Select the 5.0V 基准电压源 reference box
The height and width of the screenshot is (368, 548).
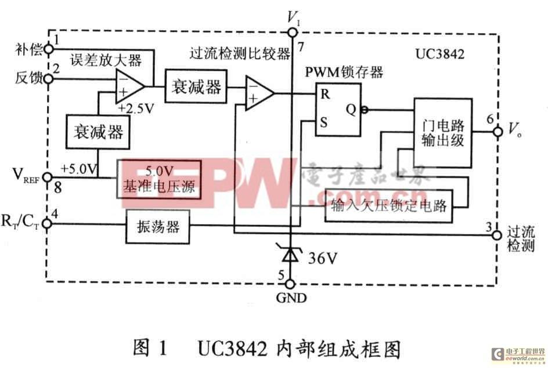point(159,180)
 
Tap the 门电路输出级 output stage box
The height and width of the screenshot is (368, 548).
point(442,133)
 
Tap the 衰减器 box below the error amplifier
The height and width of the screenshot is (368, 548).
point(97,131)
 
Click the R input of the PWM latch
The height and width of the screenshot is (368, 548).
point(325,95)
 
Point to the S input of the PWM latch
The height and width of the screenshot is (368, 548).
point(325,122)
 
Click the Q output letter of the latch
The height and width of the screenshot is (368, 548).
point(351,108)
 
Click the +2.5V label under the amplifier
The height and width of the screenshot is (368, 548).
point(136,109)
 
